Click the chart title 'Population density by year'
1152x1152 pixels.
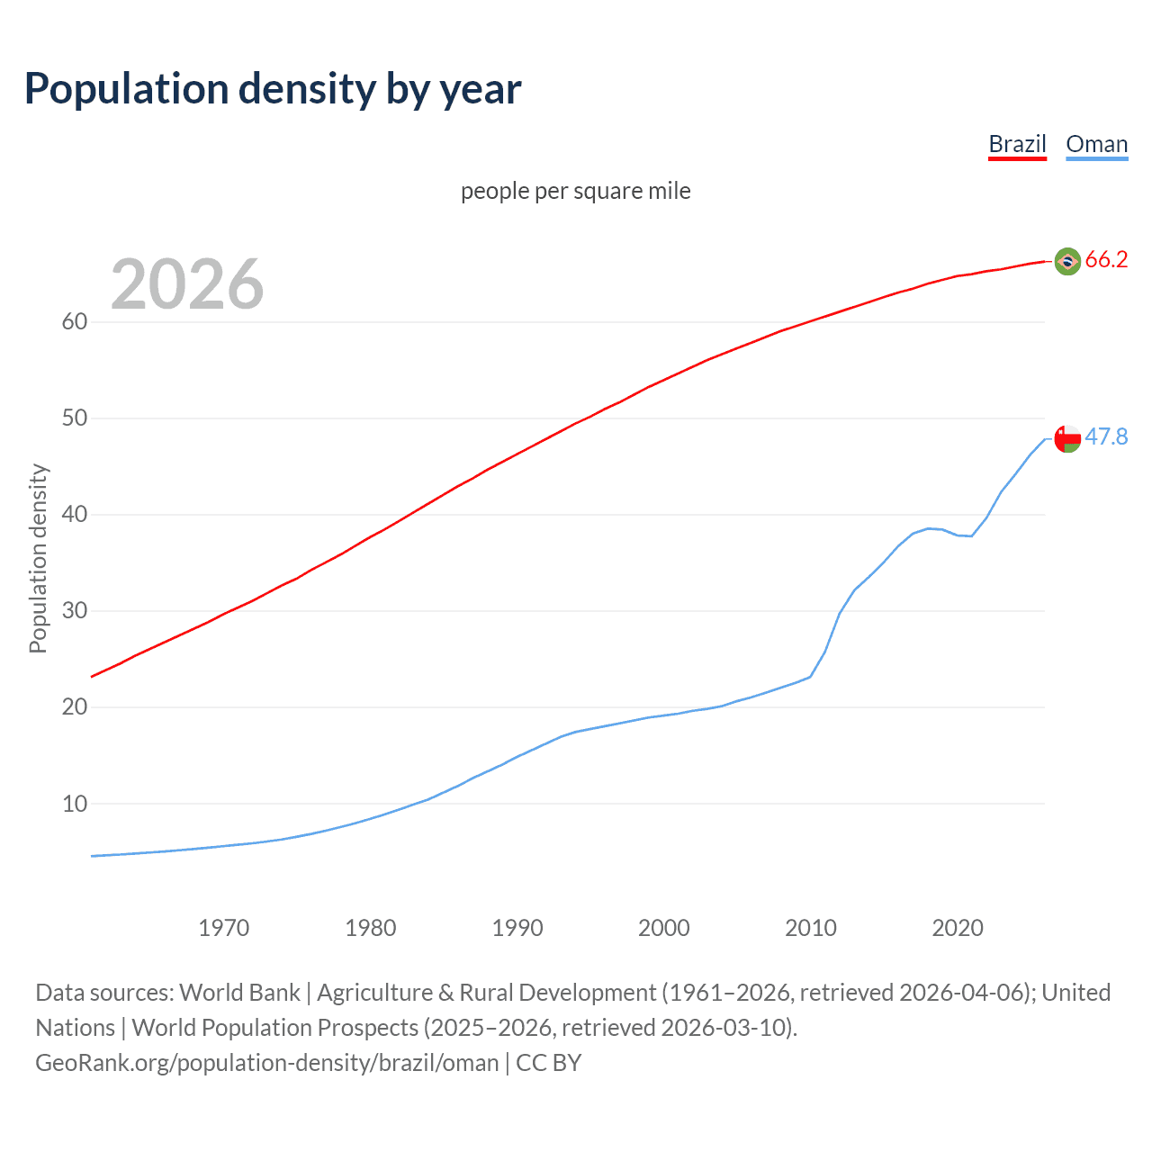(x=273, y=89)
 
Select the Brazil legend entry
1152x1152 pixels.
(x=1017, y=144)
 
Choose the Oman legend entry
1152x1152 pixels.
(x=1096, y=144)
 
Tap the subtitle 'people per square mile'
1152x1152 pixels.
(x=576, y=191)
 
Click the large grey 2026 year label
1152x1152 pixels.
(x=187, y=284)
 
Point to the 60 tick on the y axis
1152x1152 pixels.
(x=74, y=322)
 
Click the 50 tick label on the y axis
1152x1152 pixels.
(x=74, y=418)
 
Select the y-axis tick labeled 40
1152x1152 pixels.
(x=74, y=515)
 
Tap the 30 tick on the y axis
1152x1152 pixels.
(x=74, y=611)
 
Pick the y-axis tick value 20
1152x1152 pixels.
(x=74, y=707)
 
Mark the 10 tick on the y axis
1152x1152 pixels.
(x=74, y=804)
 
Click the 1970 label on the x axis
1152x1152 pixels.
(x=224, y=928)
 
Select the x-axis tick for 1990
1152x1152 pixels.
(x=517, y=928)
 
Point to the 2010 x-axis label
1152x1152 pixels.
(x=811, y=928)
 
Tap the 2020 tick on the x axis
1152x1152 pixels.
(x=958, y=928)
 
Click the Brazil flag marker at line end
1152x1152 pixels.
(x=1067, y=261)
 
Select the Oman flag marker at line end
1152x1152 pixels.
(x=1067, y=438)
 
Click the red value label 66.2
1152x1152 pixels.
(x=1106, y=260)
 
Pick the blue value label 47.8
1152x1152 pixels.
(x=1106, y=437)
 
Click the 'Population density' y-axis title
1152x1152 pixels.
(x=38, y=558)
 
